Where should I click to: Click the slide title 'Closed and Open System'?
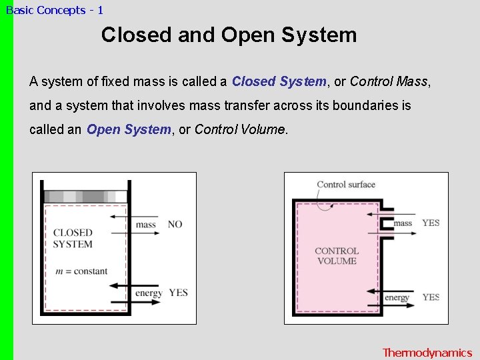coord(229,35)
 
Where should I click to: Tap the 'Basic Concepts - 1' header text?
coord(55,10)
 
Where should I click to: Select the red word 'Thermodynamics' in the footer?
coord(427,353)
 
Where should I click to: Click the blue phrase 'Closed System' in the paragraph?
coord(279,82)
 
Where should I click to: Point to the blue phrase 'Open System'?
coord(129,130)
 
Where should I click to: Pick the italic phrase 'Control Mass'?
coord(389,82)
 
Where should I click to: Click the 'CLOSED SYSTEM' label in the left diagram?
coord(73,238)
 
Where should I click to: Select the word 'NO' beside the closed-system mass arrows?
coord(175,225)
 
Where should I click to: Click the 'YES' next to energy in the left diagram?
coord(178,293)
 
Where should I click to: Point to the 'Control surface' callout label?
coord(346,185)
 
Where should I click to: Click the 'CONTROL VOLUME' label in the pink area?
coord(337,256)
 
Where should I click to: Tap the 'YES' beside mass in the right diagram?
coord(431,223)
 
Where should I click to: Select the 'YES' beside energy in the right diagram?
coord(431,297)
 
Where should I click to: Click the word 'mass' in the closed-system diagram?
coord(145,225)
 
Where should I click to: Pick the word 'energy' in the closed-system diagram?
coord(149,293)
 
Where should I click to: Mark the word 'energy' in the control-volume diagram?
coord(397,298)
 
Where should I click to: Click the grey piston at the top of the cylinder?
coord(85,197)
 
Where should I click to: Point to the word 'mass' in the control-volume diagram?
coord(403,223)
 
